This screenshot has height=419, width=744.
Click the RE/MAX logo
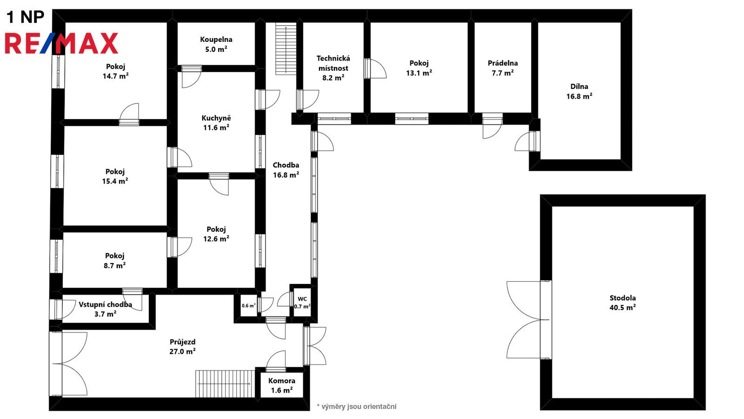click(61, 43)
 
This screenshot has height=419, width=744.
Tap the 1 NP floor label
click(25, 17)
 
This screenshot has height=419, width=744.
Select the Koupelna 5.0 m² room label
click(216, 45)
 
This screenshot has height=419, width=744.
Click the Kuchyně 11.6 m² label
click(216, 123)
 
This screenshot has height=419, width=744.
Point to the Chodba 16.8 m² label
click(286, 170)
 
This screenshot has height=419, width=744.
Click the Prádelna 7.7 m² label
click(503, 68)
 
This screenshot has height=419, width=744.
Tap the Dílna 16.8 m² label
click(579, 91)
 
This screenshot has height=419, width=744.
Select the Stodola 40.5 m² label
click(623, 303)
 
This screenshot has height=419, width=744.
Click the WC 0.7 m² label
click(302, 303)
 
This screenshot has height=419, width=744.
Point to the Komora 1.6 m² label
click(282, 386)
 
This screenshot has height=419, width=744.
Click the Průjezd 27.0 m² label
click(182, 347)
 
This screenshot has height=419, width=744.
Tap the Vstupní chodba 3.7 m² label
click(105, 309)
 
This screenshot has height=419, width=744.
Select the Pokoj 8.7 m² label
click(114, 261)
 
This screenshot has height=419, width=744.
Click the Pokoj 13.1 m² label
click(419, 68)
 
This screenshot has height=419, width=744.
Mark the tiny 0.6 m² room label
click(248, 305)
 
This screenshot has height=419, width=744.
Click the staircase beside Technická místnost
click(286, 48)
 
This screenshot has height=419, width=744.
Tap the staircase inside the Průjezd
click(225, 384)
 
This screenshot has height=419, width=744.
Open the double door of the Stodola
click(529, 319)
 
